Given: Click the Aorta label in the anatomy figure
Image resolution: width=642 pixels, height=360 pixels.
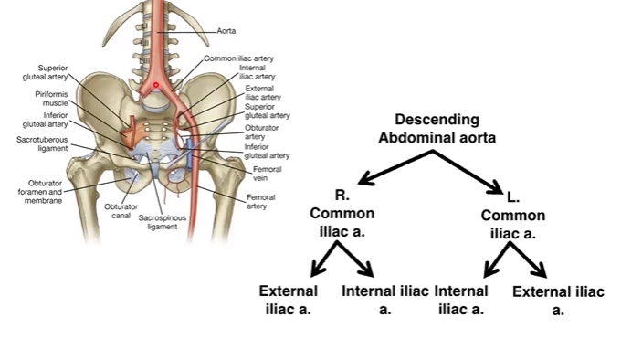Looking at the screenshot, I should click(x=226, y=29).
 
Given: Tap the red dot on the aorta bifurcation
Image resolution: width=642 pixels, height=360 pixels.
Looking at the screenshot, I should click(x=156, y=85).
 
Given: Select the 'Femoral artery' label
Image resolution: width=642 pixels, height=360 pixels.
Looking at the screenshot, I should click(x=261, y=202).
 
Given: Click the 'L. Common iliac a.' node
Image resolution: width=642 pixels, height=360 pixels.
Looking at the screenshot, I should click(x=513, y=217).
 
